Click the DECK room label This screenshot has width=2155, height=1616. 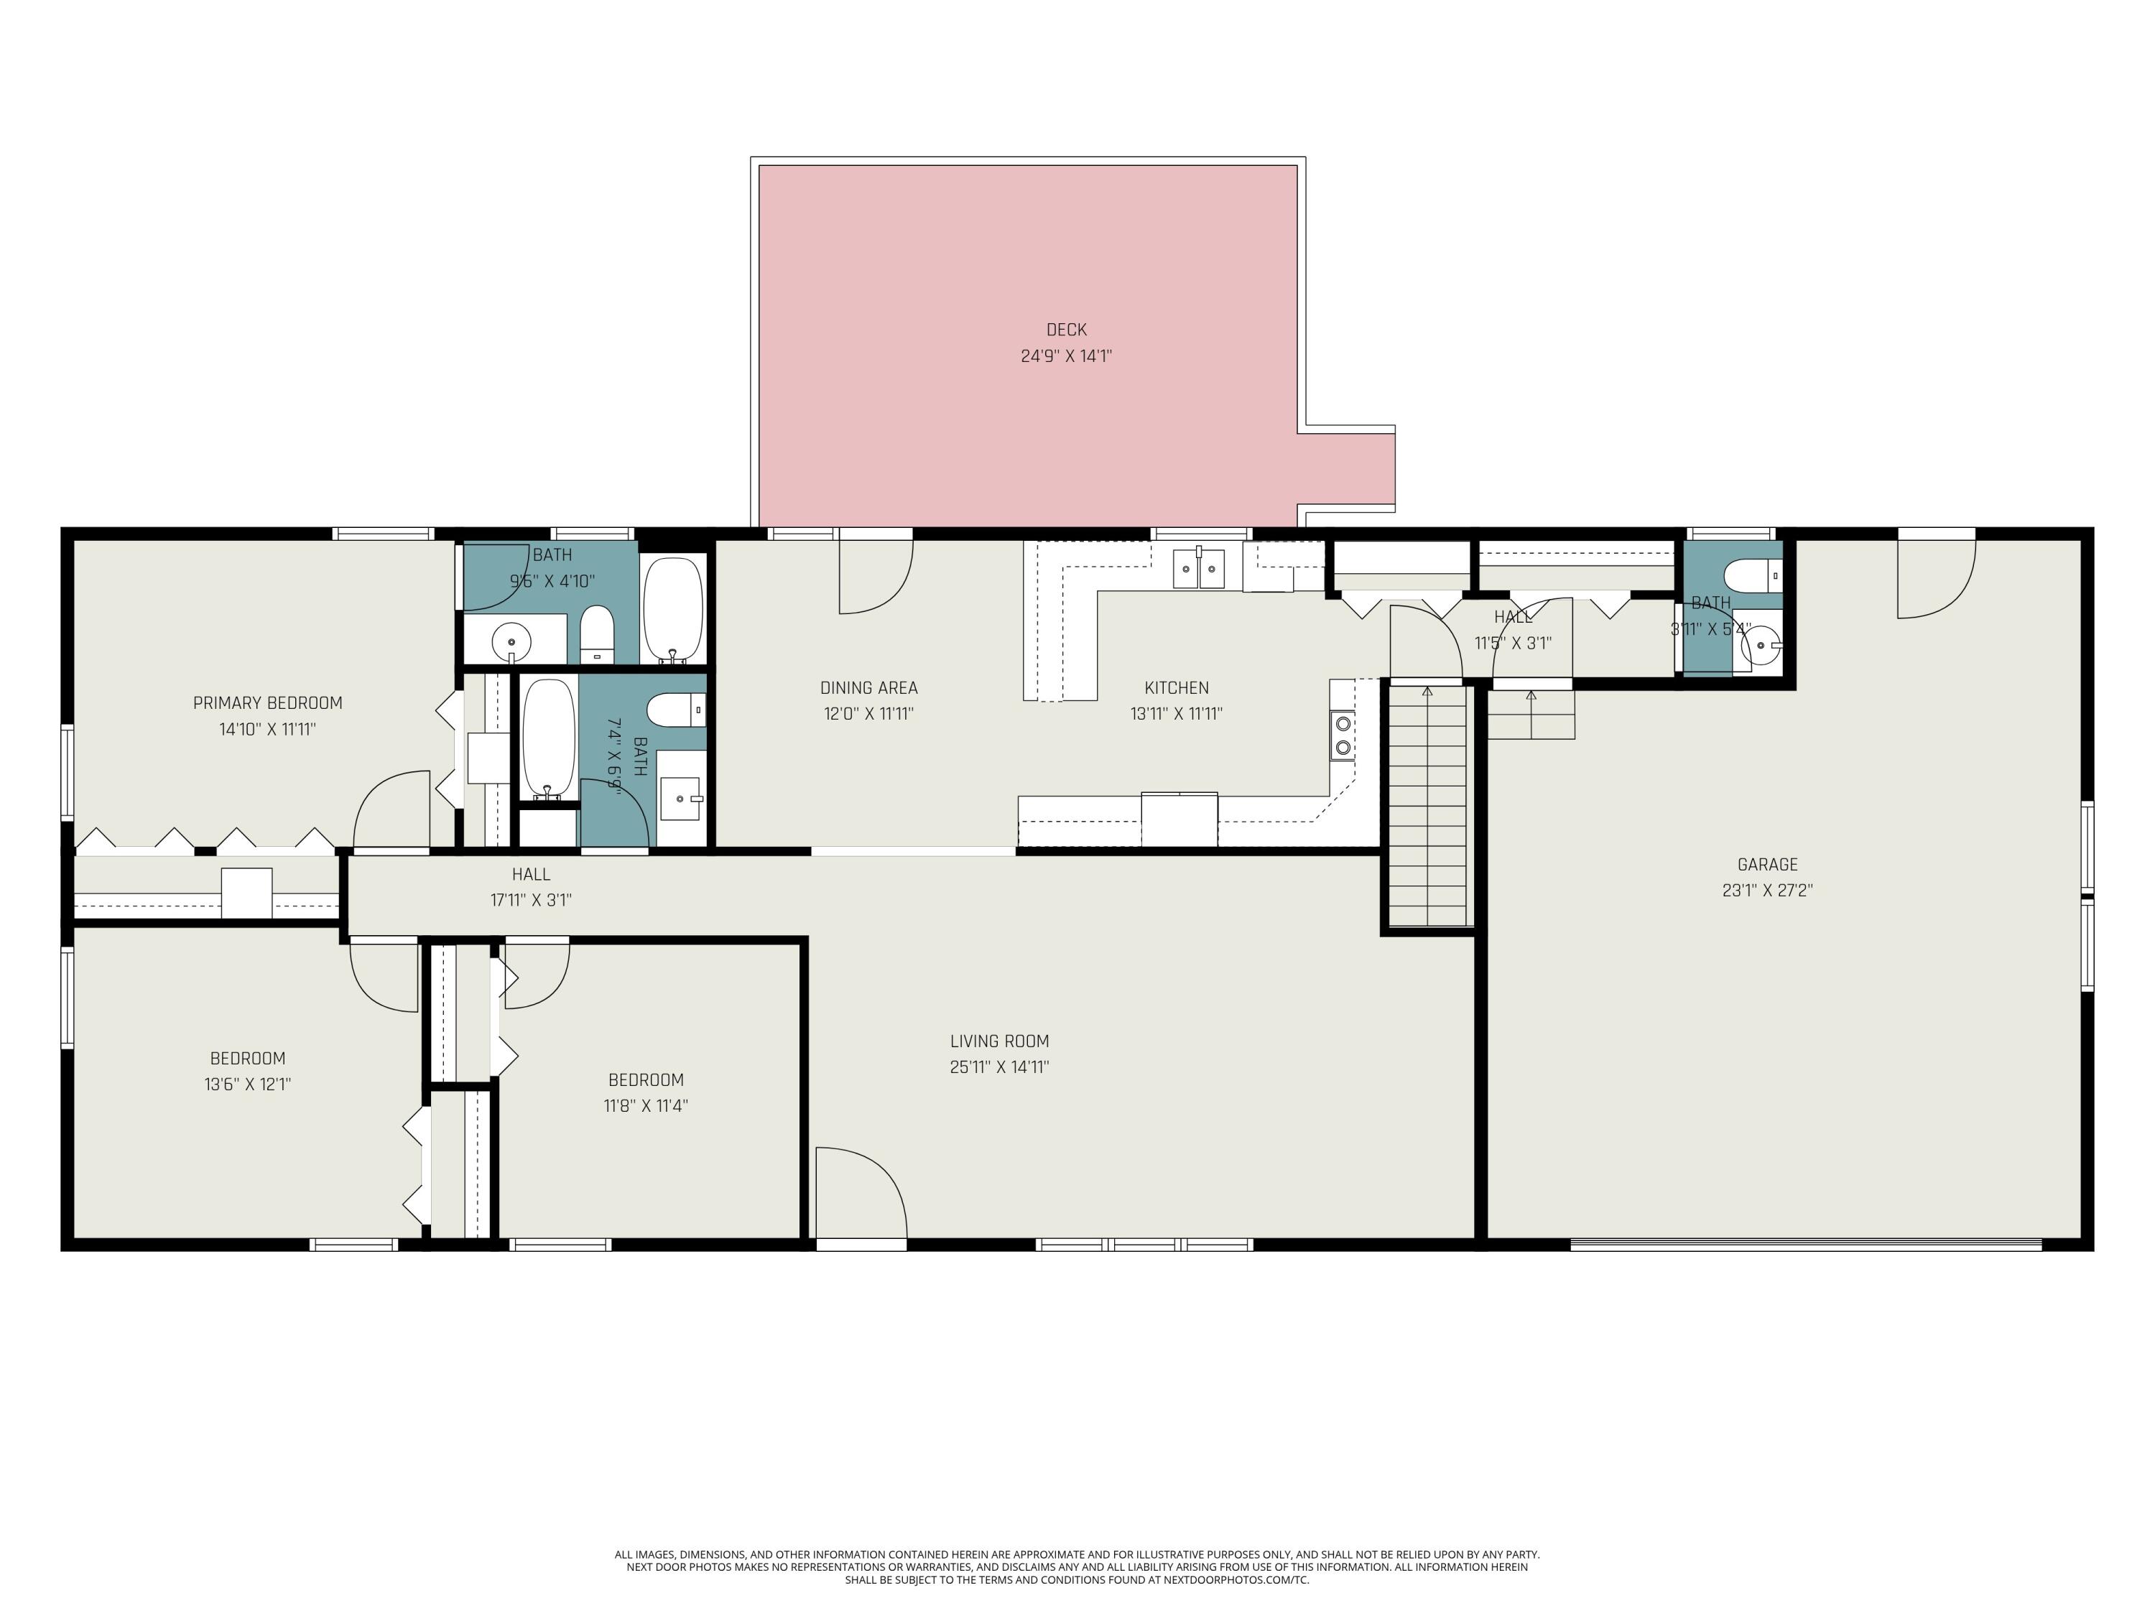[x=1066, y=330]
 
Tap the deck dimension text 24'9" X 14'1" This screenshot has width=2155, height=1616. [x=1066, y=356]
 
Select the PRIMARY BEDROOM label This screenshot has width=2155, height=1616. [x=268, y=703]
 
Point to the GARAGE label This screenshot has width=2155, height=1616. [x=1767, y=864]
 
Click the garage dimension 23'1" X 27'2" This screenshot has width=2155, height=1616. [x=1767, y=891]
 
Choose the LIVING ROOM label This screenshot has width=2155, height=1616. [x=1000, y=1041]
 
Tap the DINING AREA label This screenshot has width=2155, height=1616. [x=869, y=688]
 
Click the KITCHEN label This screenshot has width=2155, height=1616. [x=1177, y=688]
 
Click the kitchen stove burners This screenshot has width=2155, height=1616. [x=1343, y=735]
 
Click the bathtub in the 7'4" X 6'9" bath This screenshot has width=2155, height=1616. [x=550, y=738]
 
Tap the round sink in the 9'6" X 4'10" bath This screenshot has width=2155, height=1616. [x=511, y=642]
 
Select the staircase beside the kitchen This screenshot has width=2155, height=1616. [x=1427, y=806]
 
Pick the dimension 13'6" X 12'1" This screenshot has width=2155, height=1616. [x=247, y=1084]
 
